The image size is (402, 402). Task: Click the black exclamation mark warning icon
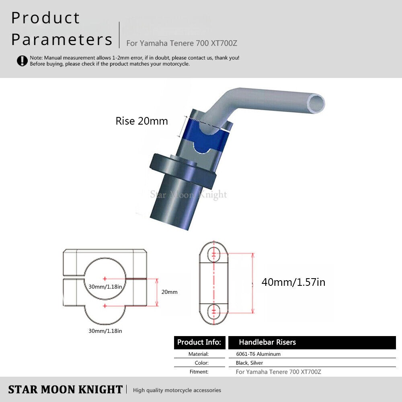point(22,61)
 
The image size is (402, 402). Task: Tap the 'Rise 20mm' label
point(142,121)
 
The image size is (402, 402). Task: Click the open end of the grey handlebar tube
point(316,103)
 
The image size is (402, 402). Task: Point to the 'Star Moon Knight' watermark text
point(189,195)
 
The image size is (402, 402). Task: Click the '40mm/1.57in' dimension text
point(293,282)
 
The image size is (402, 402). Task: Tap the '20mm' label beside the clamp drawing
point(170,292)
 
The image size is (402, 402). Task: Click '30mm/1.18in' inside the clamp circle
point(105,287)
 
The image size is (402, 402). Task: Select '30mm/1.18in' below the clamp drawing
point(105,331)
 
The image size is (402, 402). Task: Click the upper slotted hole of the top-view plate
point(213,254)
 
